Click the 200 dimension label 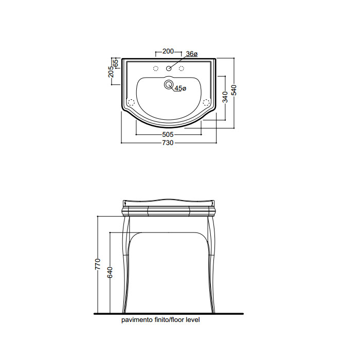point(168,51)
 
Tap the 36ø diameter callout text point(192,54)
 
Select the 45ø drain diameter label point(181,88)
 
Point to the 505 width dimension point(168,134)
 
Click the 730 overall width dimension point(168,143)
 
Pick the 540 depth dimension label point(233,90)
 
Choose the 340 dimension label point(225,97)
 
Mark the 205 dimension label point(111,71)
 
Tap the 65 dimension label point(116,63)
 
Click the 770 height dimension point(98,264)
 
